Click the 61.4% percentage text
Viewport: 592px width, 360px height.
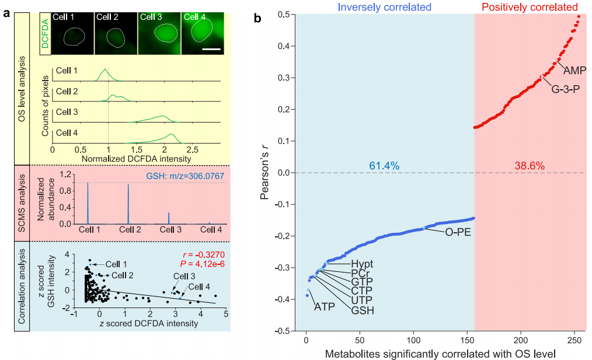(384, 166)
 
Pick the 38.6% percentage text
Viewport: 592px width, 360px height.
(530, 166)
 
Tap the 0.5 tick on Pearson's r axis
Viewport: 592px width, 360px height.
(284, 14)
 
